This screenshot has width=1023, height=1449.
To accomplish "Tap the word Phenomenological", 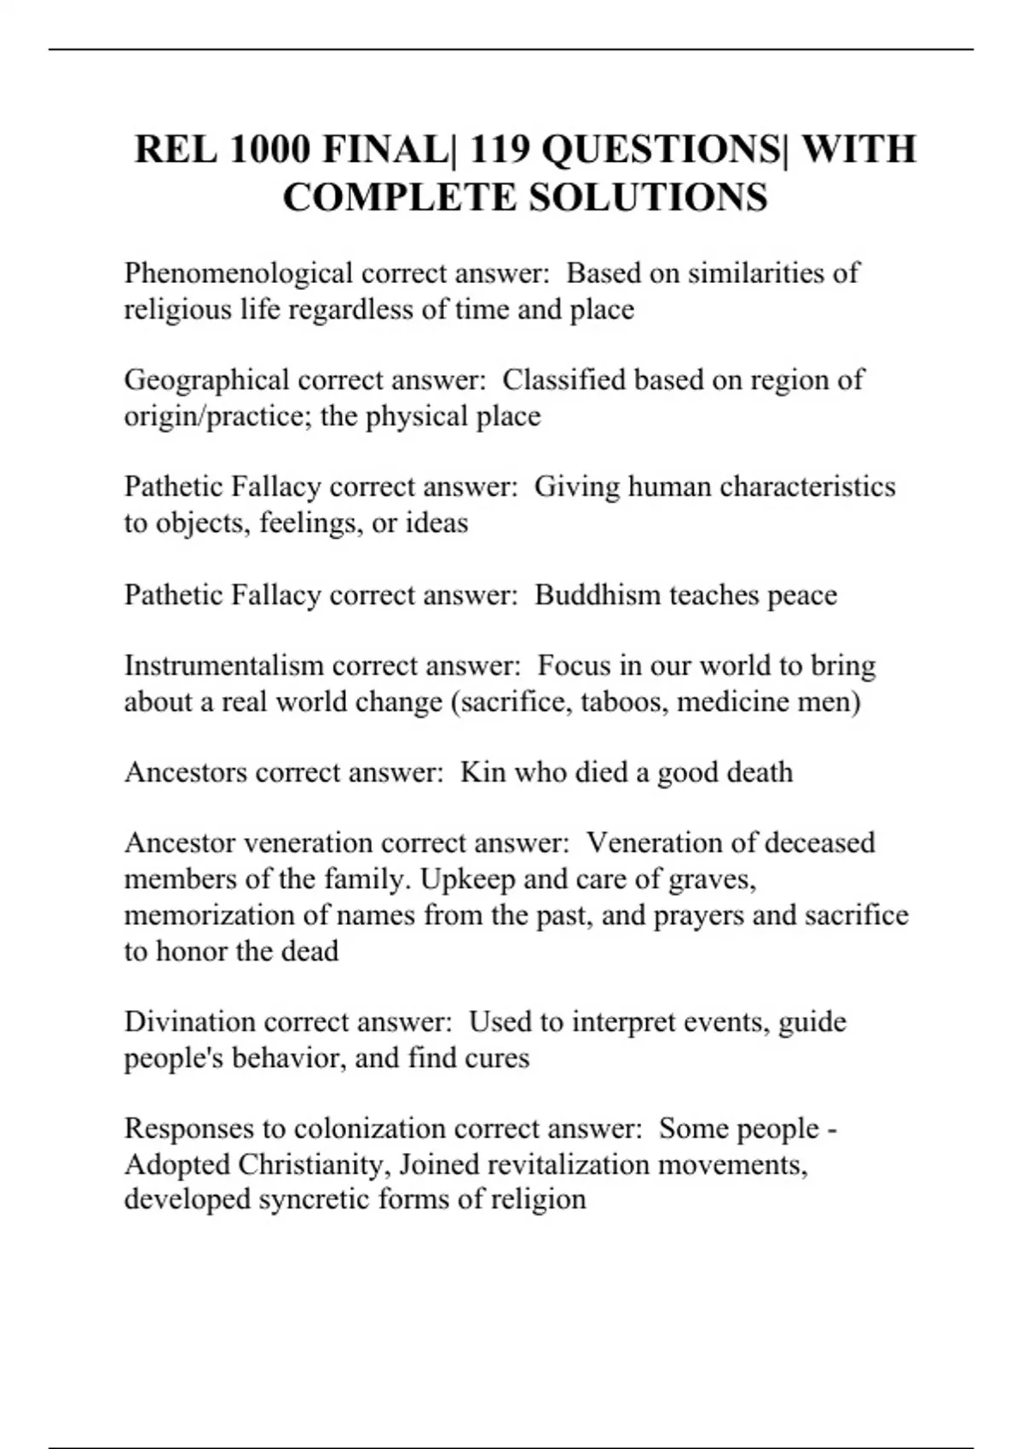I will coord(238,274).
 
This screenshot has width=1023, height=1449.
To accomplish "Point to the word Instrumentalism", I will coord(224,666).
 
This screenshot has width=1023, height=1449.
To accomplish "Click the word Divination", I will coord(190,1022).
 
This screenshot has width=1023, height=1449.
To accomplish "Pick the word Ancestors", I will coord(186,772).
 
